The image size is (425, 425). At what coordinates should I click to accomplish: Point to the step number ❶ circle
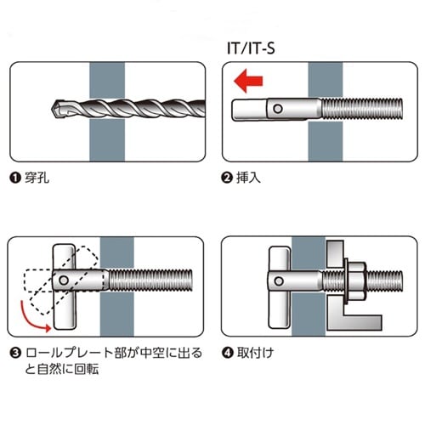click(14, 180)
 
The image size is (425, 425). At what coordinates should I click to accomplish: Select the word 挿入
click(247, 180)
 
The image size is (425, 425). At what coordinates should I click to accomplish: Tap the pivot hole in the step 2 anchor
click(277, 108)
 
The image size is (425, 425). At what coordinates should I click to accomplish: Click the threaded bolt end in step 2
click(365, 110)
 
